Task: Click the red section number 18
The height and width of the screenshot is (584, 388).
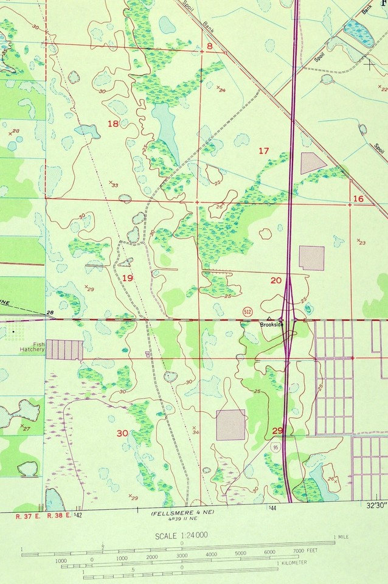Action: point(113,124)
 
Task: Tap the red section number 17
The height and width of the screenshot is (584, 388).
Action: point(263,150)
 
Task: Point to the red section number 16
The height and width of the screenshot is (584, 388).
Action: point(358,199)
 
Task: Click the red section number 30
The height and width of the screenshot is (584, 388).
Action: point(122,433)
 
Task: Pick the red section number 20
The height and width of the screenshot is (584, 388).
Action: point(276,280)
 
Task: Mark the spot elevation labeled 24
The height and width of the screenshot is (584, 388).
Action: point(221,89)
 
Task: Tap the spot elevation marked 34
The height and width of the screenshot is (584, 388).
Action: point(195,431)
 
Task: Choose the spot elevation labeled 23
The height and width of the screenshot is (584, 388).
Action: point(361,242)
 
